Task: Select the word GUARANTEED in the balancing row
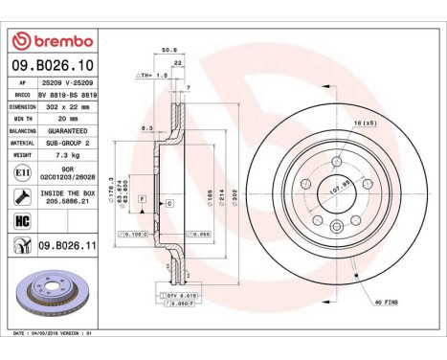tap(70, 130)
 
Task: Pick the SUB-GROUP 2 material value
tap(70, 142)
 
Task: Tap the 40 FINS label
tap(388, 302)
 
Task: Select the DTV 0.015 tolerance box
tap(183, 295)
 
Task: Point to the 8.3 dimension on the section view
tap(145, 127)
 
